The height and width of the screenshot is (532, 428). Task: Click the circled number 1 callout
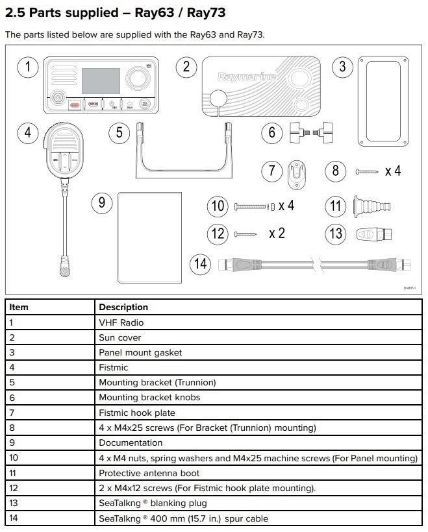(27, 67)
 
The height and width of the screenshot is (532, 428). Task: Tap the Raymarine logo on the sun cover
(247, 77)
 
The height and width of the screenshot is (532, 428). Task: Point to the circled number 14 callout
(201, 264)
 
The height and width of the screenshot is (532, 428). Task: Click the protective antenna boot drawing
(364, 207)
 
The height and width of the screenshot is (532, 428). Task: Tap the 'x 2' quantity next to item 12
(277, 233)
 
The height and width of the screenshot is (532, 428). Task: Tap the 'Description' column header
(123, 307)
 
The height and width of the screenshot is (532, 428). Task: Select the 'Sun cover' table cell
(120, 337)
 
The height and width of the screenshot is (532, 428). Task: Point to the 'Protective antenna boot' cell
(149, 473)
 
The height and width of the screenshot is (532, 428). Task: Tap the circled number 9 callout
(102, 202)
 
